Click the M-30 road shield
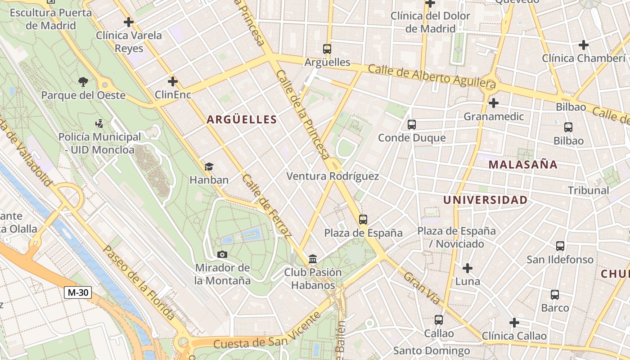coord(78,292)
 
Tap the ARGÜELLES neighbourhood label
coord(242,119)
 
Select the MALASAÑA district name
coord(523,165)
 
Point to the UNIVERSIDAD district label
coord(485,200)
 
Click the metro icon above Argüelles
coord(327,49)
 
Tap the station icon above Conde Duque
coord(411,125)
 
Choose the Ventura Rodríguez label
coord(333,176)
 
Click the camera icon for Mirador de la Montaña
coord(222,255)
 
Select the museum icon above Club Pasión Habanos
coord(312,259)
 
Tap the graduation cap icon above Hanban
coord(209,167)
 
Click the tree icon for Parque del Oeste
coord(83,82)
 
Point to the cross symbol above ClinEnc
coord(172,81)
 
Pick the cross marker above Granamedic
coord(494,103)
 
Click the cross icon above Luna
coord(468,268)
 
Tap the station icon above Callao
coord(439,320)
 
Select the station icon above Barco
coord(555,295)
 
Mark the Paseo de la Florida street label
coord(139,282)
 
